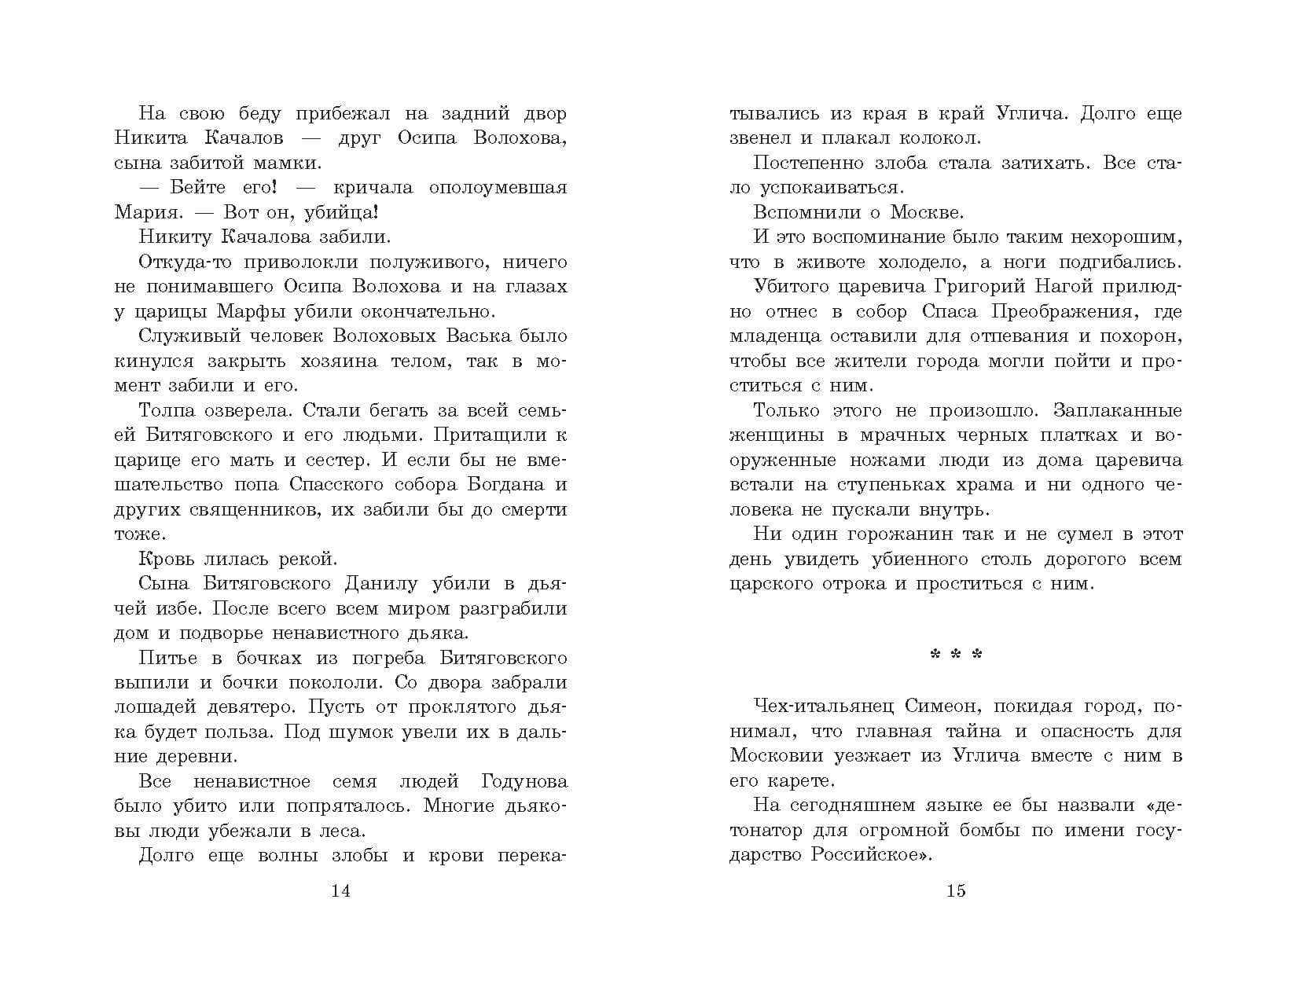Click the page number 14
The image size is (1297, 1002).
point(340,890)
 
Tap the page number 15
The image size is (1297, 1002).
point(956,890)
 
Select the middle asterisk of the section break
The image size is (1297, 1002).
point(956,655)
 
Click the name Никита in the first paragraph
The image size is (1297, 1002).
point(151,138)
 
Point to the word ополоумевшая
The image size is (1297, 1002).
point(498,188)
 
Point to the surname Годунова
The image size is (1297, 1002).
point(523,781)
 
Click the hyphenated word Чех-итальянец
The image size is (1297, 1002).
point(823,706)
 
